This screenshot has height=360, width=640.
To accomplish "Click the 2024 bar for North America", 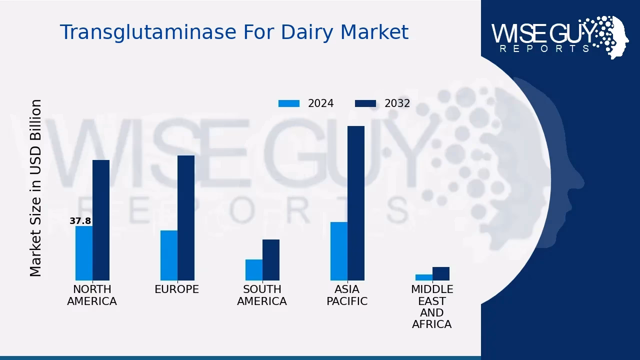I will pos(84,253).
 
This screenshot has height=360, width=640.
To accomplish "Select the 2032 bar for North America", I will pos(101,220).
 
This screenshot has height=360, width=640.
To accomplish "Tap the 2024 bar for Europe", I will pos(169,255).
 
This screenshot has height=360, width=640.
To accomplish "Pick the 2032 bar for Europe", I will pos(186,218).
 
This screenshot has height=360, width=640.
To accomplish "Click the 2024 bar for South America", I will pos(254,269).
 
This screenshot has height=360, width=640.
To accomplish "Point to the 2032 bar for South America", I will pos(271,259).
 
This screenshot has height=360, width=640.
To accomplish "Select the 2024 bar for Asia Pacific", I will pos(339,251).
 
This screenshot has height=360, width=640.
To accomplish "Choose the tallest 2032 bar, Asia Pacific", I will pos(356,203).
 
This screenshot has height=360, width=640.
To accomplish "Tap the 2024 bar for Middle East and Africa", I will pos(424,277).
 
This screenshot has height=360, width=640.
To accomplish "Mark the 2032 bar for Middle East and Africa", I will pos(441,273).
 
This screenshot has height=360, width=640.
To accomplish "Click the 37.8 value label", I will pos(80,221).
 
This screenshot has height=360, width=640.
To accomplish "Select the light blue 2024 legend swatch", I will pos(289,103).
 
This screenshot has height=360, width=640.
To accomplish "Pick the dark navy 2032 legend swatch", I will pos(365,103).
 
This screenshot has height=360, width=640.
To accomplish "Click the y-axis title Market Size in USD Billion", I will pos(35,188).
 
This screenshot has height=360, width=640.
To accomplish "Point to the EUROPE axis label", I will pos(177,289).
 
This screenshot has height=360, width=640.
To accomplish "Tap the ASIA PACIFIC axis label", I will pos(347,295).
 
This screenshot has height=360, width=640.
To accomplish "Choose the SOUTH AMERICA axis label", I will pos(262,295).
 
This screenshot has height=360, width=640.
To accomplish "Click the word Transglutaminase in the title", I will pos(148,32).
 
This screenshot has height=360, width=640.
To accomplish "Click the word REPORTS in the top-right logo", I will pos(545,49).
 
